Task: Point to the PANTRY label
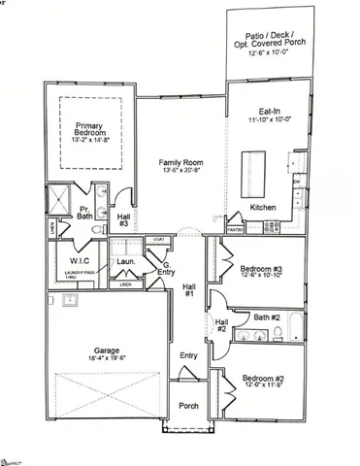coord(235,231)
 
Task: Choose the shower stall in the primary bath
coord(60,199)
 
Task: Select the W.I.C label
coord(79,260)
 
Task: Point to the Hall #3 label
coord(123,219)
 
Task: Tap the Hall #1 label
coord(189,289)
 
